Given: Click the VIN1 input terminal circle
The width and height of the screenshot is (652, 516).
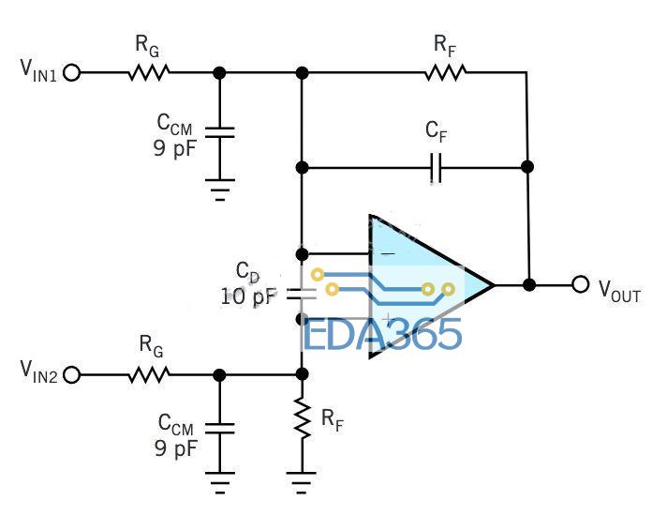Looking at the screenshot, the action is click(71, 73).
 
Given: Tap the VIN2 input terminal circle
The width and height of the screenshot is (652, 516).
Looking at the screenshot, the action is click(71, 375).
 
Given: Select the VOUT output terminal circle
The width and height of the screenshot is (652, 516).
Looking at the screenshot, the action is click(581, 284).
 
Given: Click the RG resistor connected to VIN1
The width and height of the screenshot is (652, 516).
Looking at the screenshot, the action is click(149, 72).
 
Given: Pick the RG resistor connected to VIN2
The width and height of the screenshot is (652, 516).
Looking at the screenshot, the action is click(149, 374).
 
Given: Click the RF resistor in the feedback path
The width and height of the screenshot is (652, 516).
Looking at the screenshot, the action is click(445, 72).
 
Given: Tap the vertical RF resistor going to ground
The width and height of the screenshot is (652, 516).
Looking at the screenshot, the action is click(303, 418).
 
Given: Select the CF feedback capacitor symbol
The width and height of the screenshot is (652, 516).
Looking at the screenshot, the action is click(436, 168).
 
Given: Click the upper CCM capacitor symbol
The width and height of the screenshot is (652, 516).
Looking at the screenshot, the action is click(219, 132).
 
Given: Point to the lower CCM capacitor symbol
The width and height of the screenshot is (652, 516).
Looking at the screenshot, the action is click(219, 428).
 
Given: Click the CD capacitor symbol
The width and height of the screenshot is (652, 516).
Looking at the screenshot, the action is click(303, 294).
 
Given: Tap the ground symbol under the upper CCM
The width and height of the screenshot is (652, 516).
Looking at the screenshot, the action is click(220, 190).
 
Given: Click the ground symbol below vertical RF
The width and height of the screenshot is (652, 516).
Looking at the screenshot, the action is click(302, 483).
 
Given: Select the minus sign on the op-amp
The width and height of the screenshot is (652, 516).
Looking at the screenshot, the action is click(388, 252).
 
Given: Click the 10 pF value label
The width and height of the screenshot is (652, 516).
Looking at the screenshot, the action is click(248, 296).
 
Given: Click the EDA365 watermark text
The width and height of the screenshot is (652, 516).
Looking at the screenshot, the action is click(382, 334).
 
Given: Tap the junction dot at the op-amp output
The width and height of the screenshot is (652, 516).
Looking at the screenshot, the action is click(529, 285).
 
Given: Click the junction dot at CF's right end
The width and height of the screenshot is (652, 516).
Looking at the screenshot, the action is click(527, 167).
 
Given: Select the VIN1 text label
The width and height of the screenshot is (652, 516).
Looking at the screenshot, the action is click(38, 70).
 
